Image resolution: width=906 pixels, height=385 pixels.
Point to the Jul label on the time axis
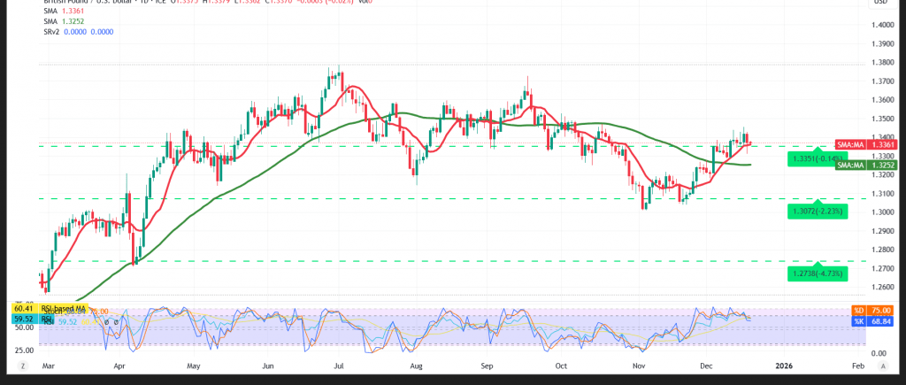(340, 365)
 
